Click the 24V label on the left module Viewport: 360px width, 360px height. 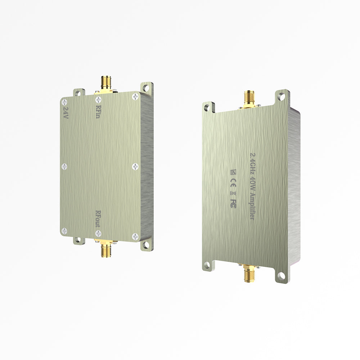point(66,109)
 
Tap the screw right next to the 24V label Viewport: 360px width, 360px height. point(64,101)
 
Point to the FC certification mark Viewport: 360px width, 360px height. point(233,203)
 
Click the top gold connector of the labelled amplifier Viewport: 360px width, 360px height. point(248,98)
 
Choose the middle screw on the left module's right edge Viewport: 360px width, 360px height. point(135,166)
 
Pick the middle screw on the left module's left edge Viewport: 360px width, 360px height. point(64,166)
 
